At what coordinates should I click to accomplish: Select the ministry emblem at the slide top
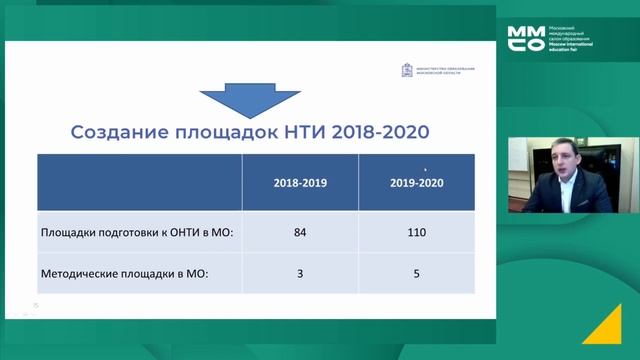point(406,70)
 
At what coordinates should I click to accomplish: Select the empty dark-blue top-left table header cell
point(139,184)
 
